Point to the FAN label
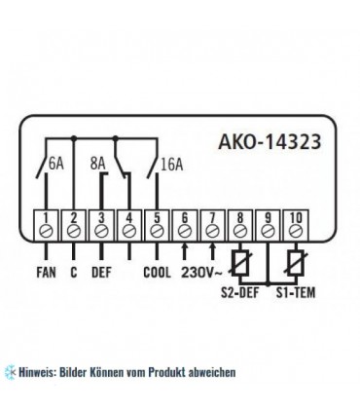[47, 274]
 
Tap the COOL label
[159, 274]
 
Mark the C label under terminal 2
[74, 274]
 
